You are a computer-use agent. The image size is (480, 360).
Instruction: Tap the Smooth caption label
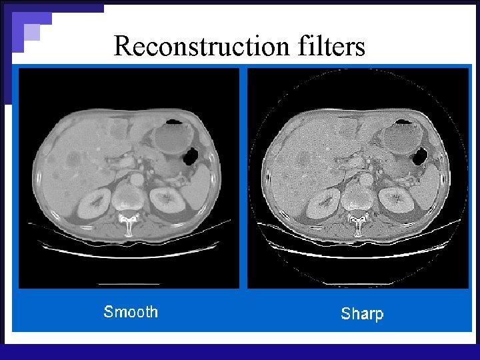[131, 311]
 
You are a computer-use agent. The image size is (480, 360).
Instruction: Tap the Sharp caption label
[362, 313]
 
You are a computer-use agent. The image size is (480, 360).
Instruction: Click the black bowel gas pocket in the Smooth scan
[190, 157]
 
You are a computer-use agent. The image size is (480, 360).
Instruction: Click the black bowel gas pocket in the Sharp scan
[420, 158]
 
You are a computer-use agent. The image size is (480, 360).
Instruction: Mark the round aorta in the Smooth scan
[137, 179]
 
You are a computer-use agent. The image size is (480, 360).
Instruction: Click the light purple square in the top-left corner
[31, 31]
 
